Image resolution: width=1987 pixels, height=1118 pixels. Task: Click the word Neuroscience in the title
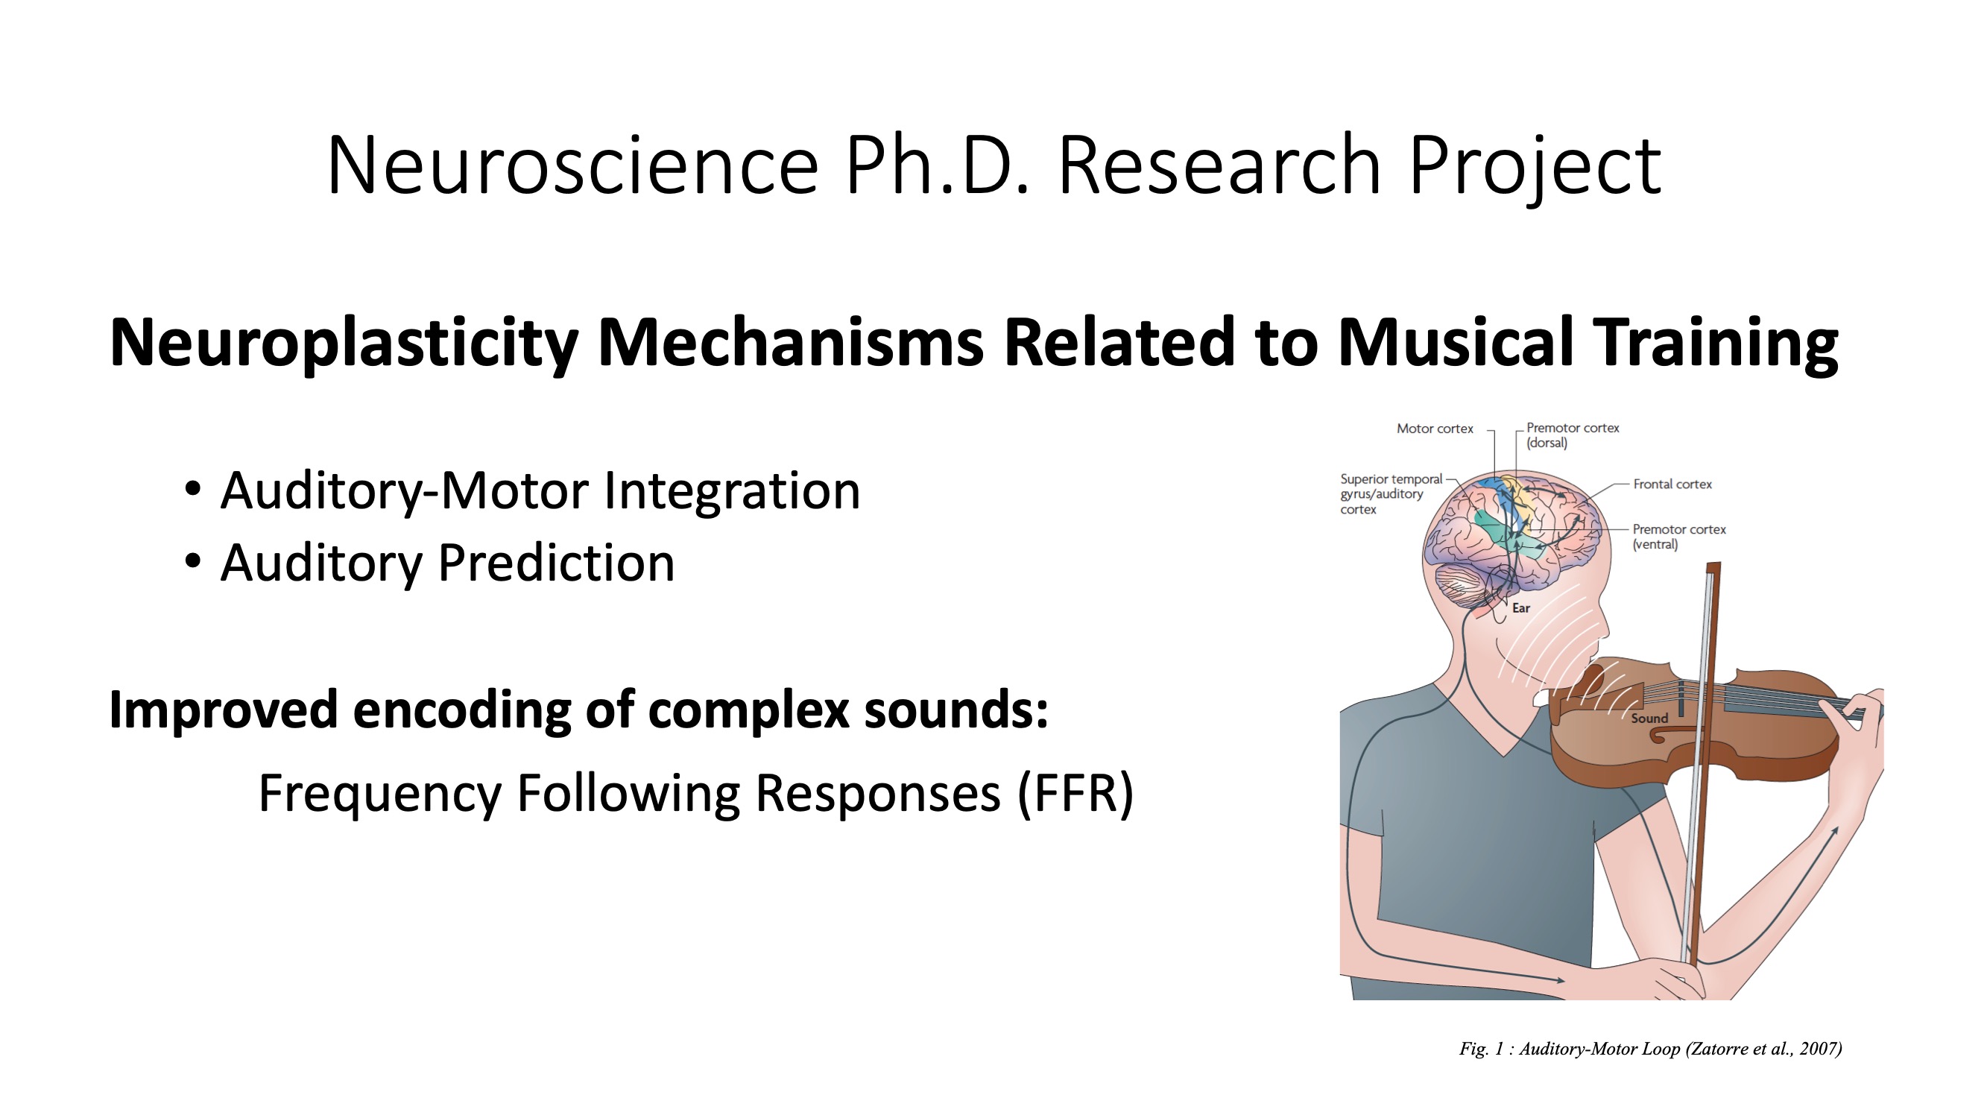[x=572, y=165]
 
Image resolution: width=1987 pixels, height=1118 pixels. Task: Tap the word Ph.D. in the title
[x=936, y=165]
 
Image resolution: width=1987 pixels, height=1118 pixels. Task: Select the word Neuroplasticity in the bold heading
[x=344, y=344]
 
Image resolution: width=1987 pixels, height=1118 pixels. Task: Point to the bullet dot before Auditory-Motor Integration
[x=193, y=488]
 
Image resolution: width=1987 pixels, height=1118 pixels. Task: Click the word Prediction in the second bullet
[x=556, y=563]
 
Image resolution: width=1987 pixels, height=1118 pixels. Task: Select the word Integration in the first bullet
[x=731, y=491]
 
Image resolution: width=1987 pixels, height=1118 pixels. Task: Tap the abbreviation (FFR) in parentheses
[x=1076, y=794]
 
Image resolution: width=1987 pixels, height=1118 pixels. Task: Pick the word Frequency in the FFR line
[x=380, y=794]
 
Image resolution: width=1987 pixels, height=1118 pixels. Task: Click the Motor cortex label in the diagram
[x=1435, y=429]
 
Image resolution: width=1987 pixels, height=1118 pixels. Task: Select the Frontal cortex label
[x=1672, y=484]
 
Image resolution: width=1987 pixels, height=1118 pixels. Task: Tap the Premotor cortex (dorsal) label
[x=1573, y=435]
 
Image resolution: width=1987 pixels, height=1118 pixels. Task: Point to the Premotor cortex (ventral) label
[x=1679, y=536]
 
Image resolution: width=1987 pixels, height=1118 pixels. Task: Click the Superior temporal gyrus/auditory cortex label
[x=1391, y=494]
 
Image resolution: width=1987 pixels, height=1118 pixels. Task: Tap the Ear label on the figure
[x=1521, y=608]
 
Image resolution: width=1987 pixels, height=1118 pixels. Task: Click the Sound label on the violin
[x=1649, y=719]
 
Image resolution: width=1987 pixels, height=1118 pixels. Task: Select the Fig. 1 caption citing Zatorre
[x=1651, y=1049]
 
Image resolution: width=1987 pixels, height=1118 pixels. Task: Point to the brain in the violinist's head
[x=1511, y=540]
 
